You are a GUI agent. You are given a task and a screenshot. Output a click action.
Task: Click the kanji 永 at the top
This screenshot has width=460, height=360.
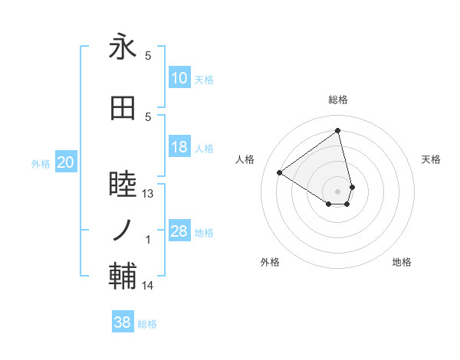[123, 48]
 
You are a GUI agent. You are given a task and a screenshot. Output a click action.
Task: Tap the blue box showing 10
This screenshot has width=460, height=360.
[179, 78]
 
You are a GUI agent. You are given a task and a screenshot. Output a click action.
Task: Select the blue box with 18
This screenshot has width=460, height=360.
[179, 147]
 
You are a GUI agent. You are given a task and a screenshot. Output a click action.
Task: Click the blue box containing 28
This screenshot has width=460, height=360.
[179, 231]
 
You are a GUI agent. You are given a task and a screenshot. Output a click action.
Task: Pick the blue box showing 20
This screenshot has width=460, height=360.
[66, 162]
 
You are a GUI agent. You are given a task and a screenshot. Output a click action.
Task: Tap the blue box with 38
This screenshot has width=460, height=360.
[123, 323]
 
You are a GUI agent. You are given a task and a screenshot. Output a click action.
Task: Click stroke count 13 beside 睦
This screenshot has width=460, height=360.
[148, 194]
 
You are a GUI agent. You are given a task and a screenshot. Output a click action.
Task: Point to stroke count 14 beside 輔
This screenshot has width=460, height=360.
[148, 286]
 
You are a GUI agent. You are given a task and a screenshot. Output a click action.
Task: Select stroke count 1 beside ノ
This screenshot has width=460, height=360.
[148, 240]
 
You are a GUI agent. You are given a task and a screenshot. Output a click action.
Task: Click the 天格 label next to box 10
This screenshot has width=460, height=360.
[204, 80]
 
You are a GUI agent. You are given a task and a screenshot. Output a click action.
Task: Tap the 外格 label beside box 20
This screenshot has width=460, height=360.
[41, 163]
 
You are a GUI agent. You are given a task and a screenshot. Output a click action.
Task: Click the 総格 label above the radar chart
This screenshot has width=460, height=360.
[338, 100]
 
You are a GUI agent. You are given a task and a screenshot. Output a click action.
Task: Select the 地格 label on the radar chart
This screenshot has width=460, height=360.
[402, 262]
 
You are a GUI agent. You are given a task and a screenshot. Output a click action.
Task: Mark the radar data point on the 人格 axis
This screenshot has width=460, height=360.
[280, 173]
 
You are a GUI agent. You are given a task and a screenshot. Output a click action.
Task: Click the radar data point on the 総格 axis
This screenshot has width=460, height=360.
[338, 130]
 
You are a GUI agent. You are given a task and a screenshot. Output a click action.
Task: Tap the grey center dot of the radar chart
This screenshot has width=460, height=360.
[338, 190]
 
